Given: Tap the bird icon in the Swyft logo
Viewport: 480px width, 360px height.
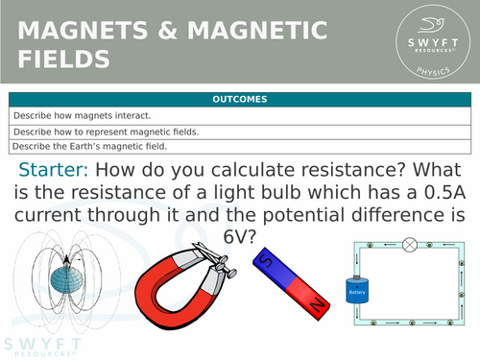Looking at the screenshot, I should (432, 26).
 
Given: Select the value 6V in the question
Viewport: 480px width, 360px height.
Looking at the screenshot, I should (240, 233).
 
